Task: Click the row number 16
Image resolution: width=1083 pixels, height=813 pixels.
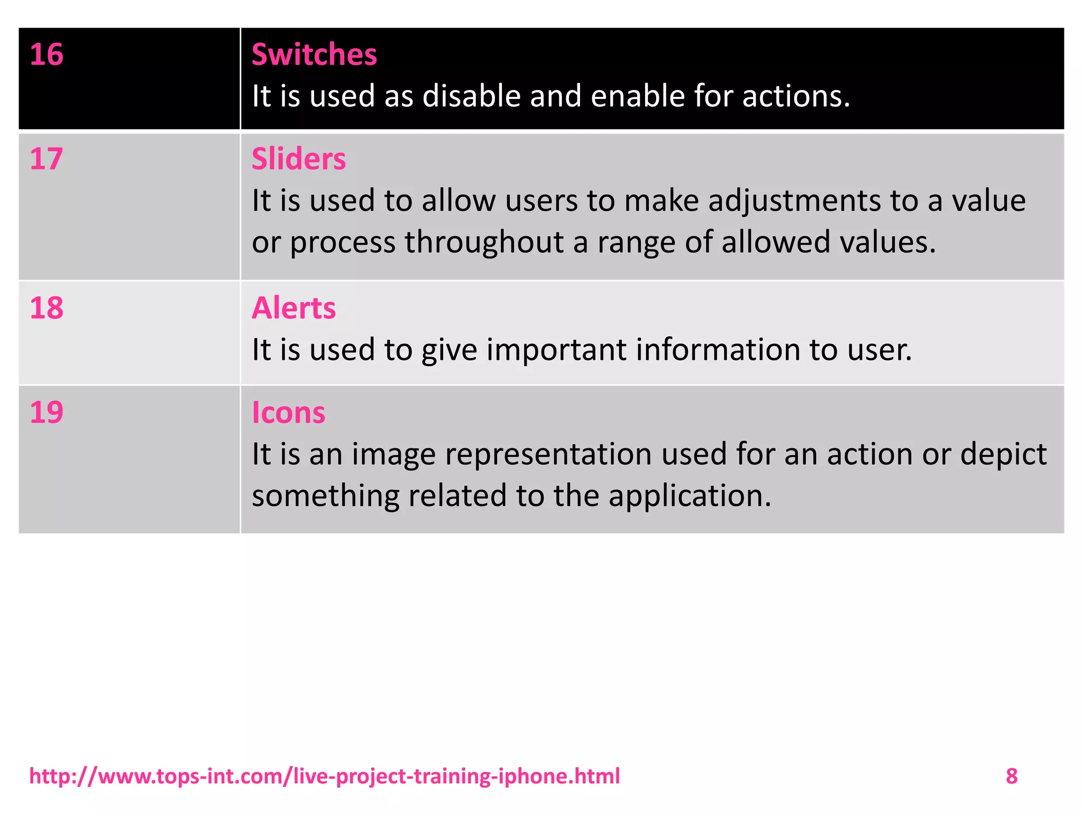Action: pyautogui.click(x=47, y=55)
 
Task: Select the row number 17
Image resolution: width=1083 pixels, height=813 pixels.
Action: pyautogui.click(x=47, y=159)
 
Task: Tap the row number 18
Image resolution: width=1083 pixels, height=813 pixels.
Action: pyautogui.click(x=47, y=308)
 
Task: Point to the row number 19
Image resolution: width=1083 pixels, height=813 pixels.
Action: pyautogui.click(x=47, y=412)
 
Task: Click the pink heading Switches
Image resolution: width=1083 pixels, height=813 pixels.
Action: pyautogui.click(x=314, y=55)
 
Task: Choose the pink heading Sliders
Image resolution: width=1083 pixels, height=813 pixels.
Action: pyautogui.click(x=299, y=159)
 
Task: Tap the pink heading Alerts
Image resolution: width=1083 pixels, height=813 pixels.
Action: pyautogui.click(x=293, y=308)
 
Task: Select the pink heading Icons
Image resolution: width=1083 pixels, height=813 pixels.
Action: pyautogui.click(x=288, y=412)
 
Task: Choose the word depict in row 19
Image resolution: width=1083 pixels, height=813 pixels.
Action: pyautogui.click(x=1003, y=454)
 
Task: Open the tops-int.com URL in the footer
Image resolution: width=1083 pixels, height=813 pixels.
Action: pyautogui.click(x=324, y=776)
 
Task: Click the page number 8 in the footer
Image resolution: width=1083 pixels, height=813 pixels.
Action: pyautogui.click(x=1012, y=776)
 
